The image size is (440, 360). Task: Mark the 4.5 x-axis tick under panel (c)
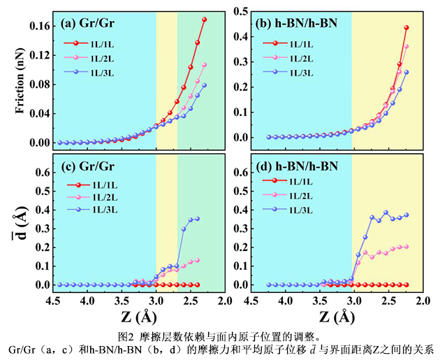[53, 301]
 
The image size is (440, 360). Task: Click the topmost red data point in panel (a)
[205, 20]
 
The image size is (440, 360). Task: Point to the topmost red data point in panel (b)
[406, 28]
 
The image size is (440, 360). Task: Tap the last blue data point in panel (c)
[197, 219]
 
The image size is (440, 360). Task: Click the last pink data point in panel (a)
[205, 65]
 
